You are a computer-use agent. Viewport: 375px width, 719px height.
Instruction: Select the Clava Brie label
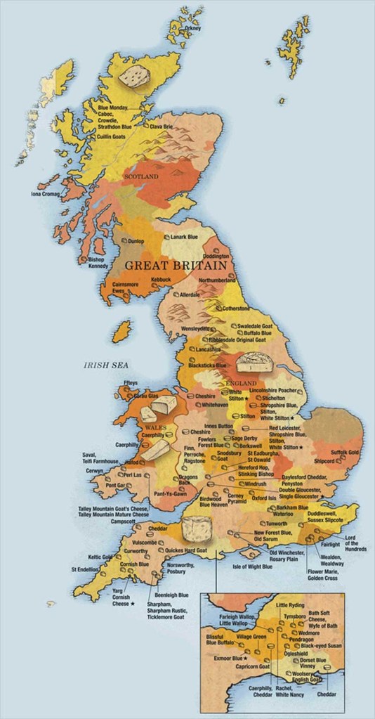(x=164, y=127)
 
